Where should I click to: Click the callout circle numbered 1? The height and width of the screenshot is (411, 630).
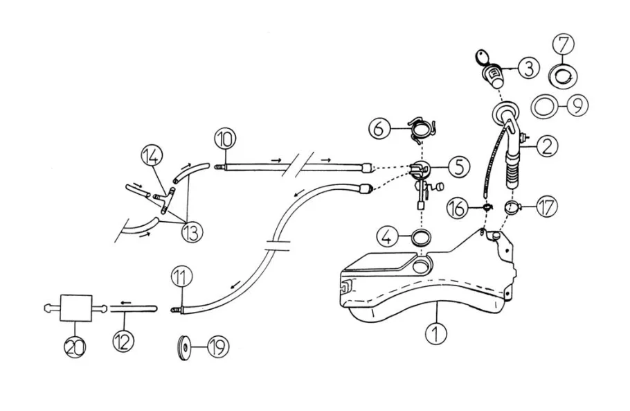[436, 333]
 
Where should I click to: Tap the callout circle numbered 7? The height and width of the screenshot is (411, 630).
[564, 44]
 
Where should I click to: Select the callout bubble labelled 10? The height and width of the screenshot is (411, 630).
[225, 139]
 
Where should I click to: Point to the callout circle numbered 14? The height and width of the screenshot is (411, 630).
[152, 157]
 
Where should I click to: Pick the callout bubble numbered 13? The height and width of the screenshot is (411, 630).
[192, 231]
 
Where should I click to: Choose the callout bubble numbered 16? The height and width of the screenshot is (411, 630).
[458, 208]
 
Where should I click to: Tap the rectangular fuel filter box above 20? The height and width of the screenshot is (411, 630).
[76, 308]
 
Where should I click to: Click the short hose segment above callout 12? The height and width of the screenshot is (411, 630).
[134, 308]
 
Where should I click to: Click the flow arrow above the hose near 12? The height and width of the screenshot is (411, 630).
[126, 302]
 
